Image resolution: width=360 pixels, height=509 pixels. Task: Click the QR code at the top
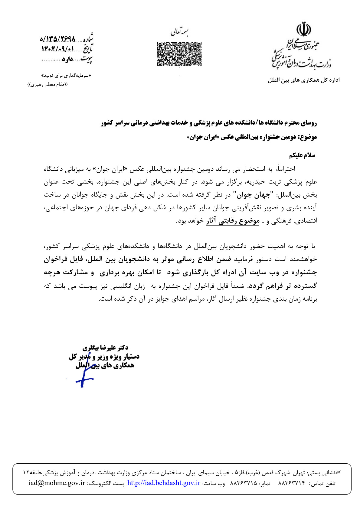point(179,54)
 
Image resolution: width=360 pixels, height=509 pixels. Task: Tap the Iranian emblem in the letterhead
point(303,29)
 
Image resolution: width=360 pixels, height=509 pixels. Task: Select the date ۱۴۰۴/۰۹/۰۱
point(58,49)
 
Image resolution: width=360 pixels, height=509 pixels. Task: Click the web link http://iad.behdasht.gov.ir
point(164,483)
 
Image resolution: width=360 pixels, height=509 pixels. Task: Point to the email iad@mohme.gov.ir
point(57,483)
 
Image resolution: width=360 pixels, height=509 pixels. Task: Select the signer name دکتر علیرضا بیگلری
point(105,348)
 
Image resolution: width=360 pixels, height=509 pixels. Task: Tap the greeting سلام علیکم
point(302,155)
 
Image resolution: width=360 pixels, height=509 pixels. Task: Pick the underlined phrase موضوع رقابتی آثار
point(233,221)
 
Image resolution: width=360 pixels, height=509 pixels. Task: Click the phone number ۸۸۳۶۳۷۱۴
point(291,483)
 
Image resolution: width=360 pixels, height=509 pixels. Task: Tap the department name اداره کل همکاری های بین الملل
point(303,80)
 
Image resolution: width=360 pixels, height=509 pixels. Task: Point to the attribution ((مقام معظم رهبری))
point(48,85)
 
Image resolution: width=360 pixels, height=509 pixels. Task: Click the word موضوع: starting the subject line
point(307,137)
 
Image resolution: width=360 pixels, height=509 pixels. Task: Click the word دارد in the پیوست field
point(67,59)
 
